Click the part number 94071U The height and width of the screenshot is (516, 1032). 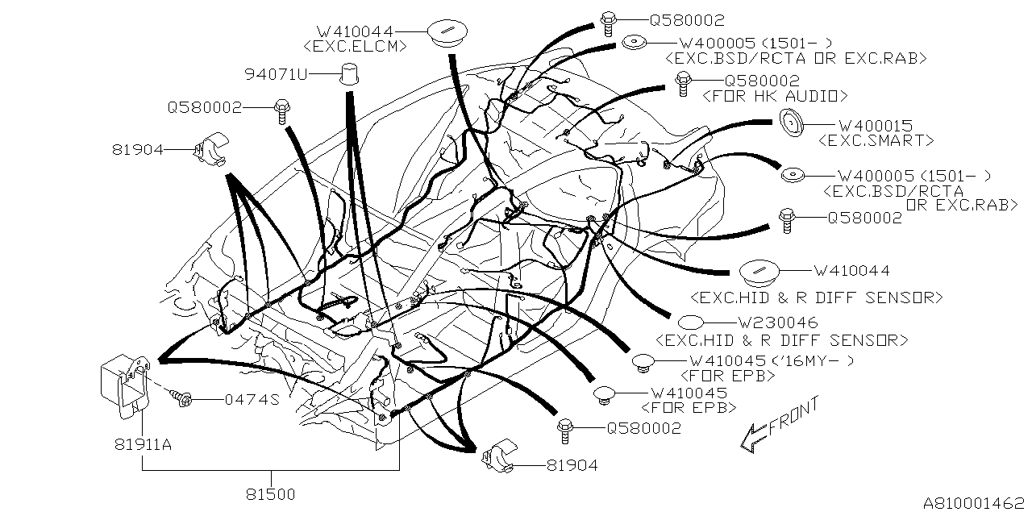(277, 75)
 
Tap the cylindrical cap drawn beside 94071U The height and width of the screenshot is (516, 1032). (348, 73)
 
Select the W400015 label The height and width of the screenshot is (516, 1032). (876, 127)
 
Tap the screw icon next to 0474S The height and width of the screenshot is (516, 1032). (181, 396)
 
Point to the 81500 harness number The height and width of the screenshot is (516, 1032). (270, 491)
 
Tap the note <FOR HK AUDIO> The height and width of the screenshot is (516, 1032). (776, 96)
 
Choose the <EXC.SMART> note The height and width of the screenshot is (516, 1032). (876, 140)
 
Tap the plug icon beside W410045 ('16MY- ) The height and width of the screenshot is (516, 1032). (643, 362)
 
